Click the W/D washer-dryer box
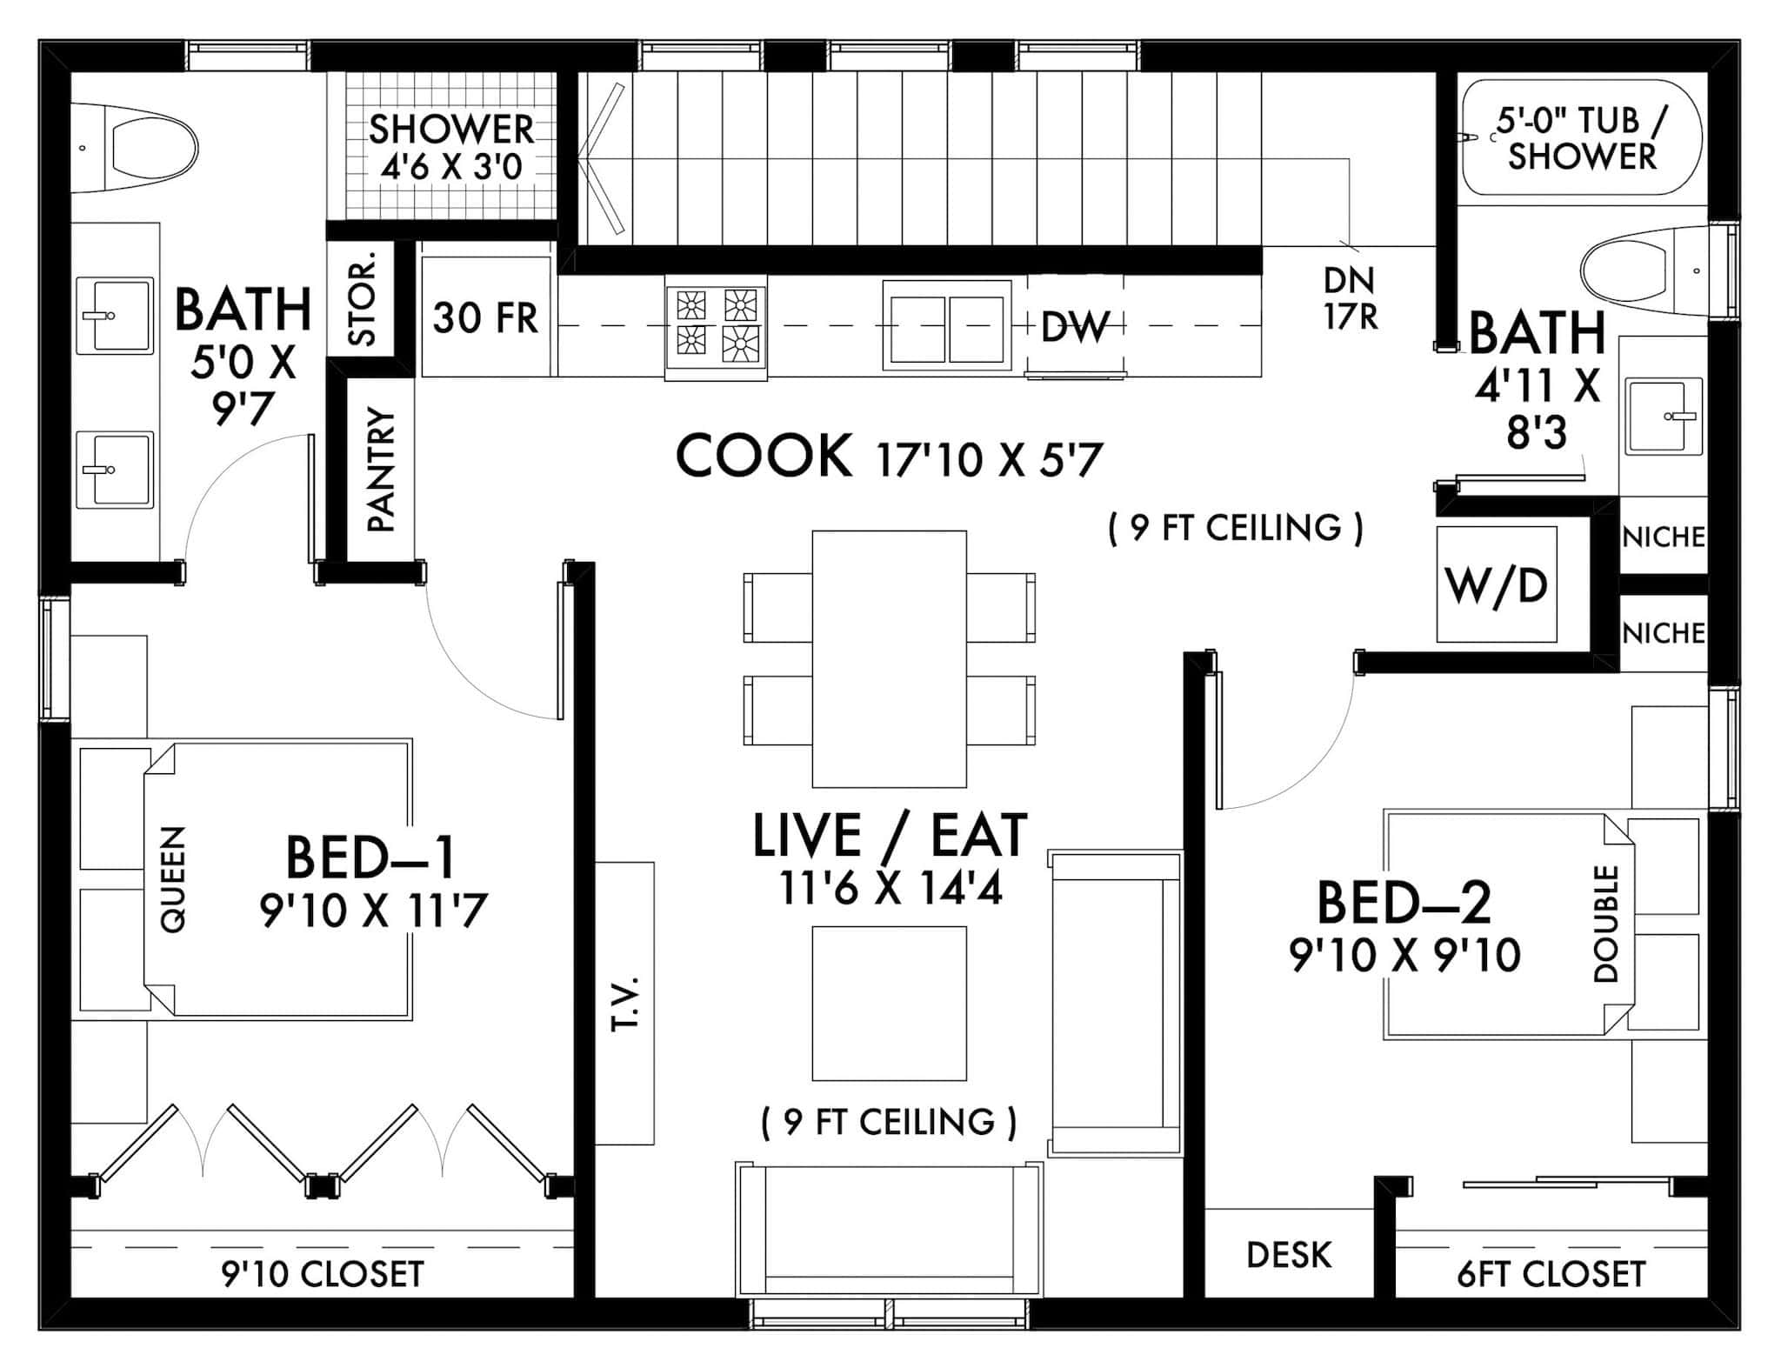(x=1496, y=584)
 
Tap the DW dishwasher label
(x=1075, y=327)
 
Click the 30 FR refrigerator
(x=486, y=317)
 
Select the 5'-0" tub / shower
(x=1581, y=139)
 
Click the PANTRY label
(x=381, y=470)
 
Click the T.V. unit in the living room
(x=624, y=1003)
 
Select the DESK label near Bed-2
(x=1289, y=1255)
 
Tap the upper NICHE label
(x=1663, y=537)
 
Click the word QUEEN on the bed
(x=174, y=879)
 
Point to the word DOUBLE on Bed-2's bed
(x=1605, y=923)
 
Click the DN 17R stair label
(x=1350, y=298)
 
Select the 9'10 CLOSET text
(x=323, y=1274)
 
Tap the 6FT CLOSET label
(x=1551, y=1274)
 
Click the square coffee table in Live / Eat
(x=889, y=1003)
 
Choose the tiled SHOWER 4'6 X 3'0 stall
(x=450, y=146)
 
